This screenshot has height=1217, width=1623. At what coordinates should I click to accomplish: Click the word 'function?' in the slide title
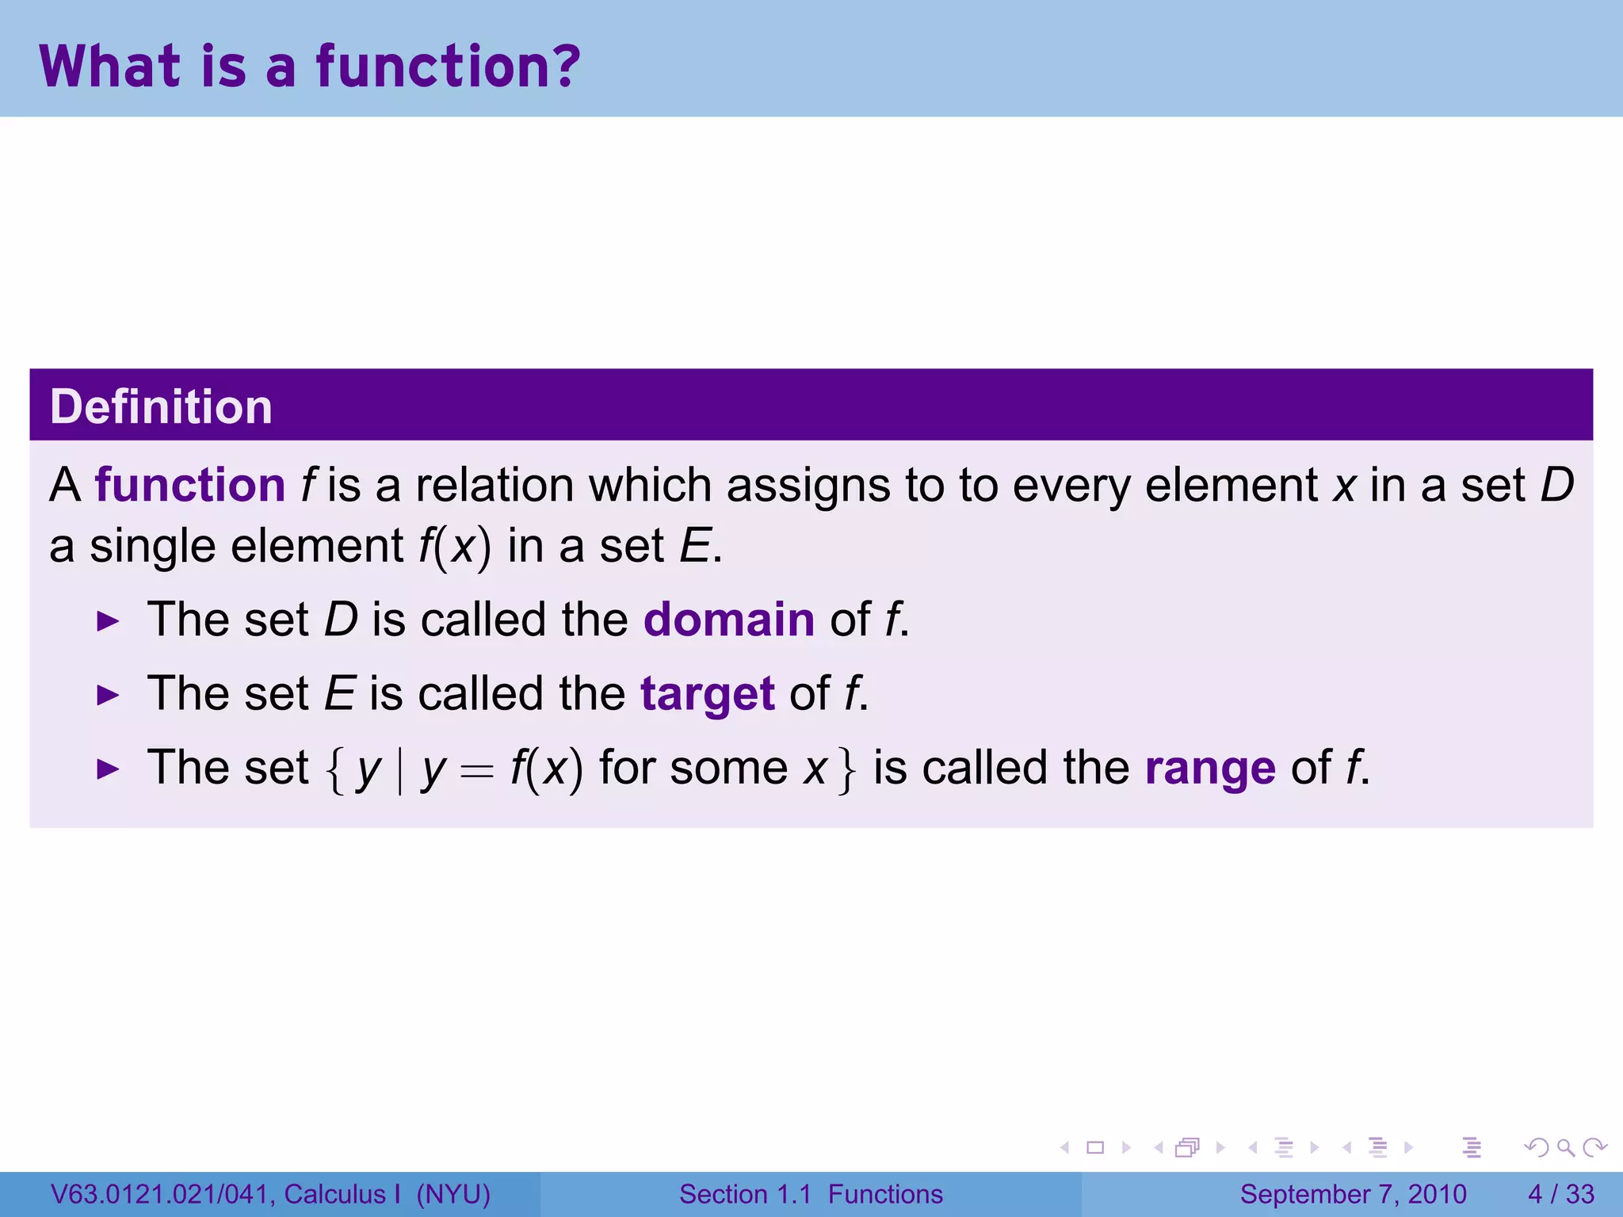(449, 67)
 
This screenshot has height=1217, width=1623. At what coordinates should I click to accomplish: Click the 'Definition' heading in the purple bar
(161, 406)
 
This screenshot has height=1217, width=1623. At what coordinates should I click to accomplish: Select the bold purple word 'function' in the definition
(190, 485)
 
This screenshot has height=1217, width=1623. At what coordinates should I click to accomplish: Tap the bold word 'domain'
(728, 620)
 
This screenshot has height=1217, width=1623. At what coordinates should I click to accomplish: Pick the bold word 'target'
(707, 694)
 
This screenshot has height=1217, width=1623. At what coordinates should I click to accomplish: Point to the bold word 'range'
(1210, 769)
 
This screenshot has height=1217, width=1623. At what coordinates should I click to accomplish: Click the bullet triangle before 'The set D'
(107, 621)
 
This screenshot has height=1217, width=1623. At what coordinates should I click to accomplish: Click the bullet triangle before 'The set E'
(107, 696)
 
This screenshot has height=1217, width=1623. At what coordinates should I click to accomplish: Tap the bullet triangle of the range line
(107, 769)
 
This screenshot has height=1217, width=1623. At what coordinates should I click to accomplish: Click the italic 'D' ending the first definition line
(1556, 485)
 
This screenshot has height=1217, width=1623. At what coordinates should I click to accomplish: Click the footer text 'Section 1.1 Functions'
(811, 1194)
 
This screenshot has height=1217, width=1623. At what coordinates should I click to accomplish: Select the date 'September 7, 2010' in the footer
(1353, 1194)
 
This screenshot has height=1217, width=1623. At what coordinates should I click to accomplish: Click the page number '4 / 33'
(1560, 1194)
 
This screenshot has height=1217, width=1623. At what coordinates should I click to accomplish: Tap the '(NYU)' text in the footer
(453, 1194)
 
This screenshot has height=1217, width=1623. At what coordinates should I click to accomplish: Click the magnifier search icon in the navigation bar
(1565, 1147)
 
